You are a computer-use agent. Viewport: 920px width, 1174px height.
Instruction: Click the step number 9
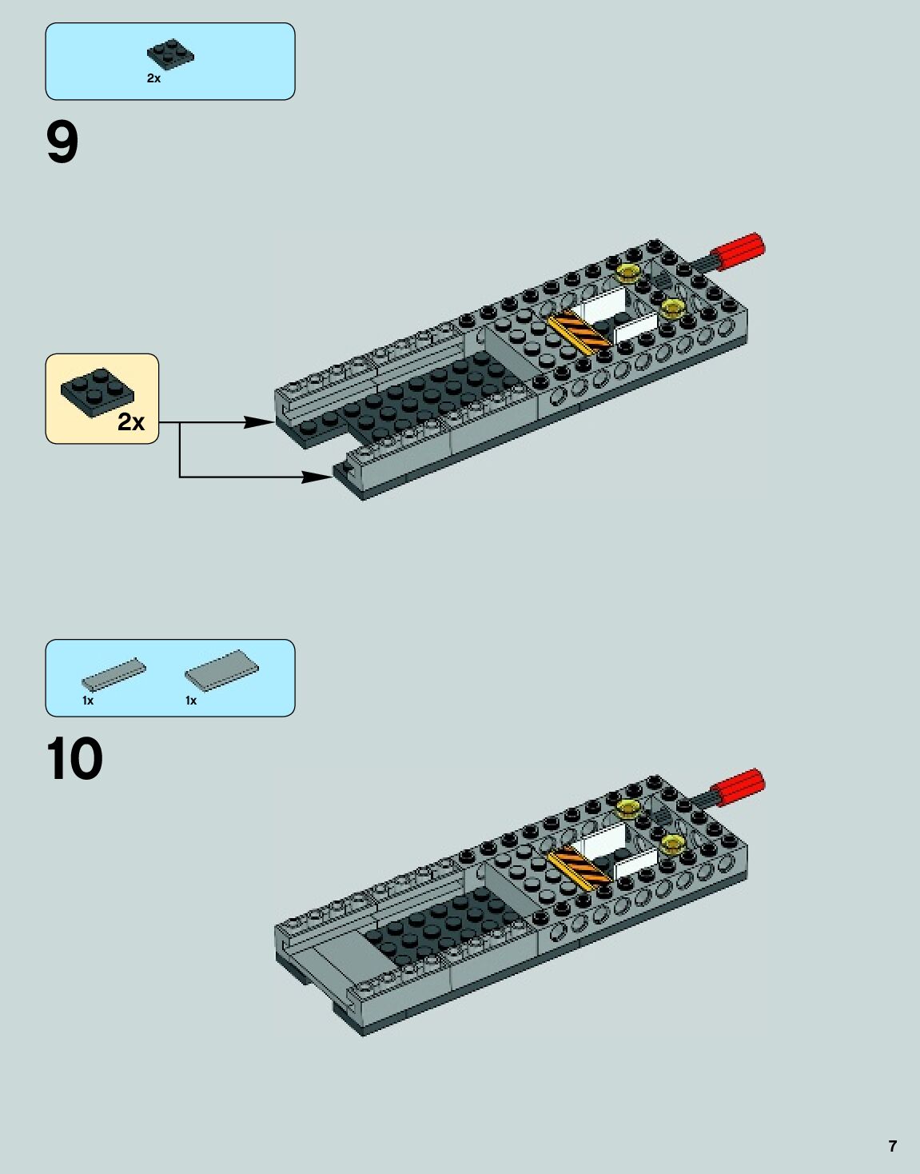pyautogui.click(x=62, y=143)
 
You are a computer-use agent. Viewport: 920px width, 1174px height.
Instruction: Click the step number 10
pyautogui.click(x=74, y=759)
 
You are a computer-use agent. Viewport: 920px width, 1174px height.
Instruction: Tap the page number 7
pyautogui.click(x=892, y=1146)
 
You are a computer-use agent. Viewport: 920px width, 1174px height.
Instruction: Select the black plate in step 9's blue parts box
pyautogui.click(x=170, y=54)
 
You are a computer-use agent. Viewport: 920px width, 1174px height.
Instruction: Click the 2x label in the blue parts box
pyautogui.click(x=153, y=78)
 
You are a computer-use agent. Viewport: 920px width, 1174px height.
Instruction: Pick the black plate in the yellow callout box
pyautogui.click(x=97, y=391)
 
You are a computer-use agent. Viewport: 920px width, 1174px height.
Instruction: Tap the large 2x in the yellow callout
pyautogui.click(x=131, y=421)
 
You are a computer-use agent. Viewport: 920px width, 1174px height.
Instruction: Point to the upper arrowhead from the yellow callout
pyautogui.click(x=261, y=421)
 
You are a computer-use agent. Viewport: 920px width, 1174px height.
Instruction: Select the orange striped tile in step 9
pyautogui.click(x=578, y=330)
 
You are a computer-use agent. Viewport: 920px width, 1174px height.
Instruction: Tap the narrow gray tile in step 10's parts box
pyautogui.click(x=114, y=675)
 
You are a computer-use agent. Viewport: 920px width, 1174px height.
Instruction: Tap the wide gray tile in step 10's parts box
pyautogui.click(x=221, y=668)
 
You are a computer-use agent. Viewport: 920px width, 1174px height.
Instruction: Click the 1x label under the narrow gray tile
pyautogui.click(x=88, y=701)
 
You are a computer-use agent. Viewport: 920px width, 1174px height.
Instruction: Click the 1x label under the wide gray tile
pyautogui.click(x=191, y=701)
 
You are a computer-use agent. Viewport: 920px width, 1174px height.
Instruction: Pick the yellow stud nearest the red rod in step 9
pyautogui.click(x=629, y=272)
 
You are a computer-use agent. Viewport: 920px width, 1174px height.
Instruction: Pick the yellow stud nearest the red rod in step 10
pyautogui.click(x=629, y=808)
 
